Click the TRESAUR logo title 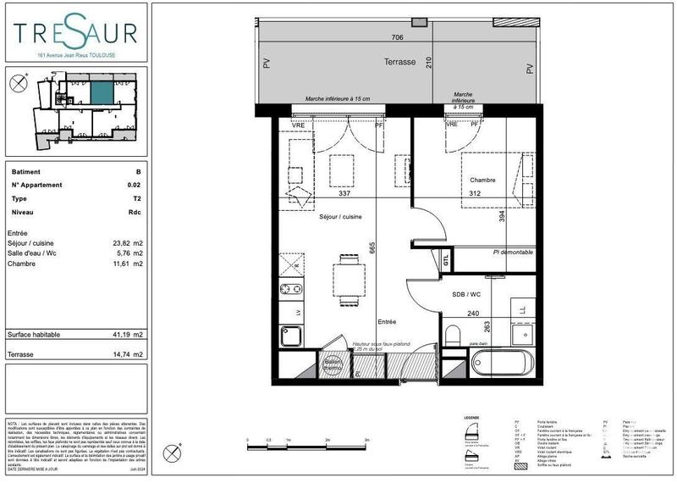coord(74,33)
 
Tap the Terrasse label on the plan coord(399,63)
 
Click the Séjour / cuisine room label coord(340,217)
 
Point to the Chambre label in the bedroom coord(482,180)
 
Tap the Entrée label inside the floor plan coord(387,322)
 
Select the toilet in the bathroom coord(452,336)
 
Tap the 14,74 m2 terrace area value coord(128,354)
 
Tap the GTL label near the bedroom coord(446,262)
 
